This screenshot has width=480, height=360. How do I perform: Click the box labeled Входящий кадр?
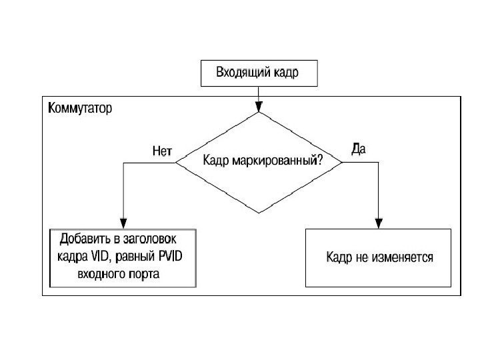click(258, 73)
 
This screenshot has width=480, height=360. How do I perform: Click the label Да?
click(357, 149)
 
